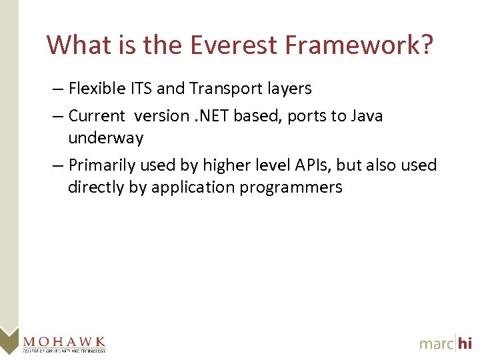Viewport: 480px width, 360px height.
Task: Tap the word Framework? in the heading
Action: click(x=359, y=45)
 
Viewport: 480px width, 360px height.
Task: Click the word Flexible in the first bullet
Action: click(x=94, y=89)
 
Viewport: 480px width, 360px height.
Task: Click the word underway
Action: click(x=105, y=139)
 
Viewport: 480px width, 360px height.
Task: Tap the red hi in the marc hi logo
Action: click(x=464, y=343)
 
